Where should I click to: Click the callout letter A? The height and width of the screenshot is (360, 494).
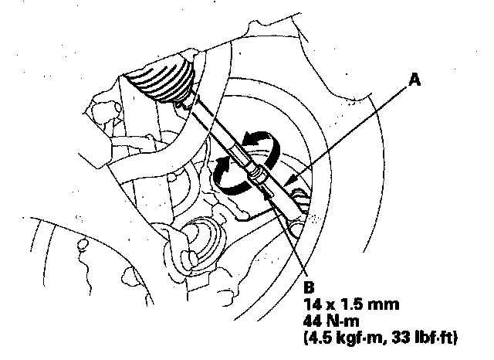point(414,80)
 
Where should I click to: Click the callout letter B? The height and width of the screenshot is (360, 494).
point(309,287)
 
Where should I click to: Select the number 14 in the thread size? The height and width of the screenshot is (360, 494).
point(313,304)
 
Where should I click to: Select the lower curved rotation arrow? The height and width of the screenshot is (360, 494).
point(228,176)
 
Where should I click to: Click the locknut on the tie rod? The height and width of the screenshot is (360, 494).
point(259,175)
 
